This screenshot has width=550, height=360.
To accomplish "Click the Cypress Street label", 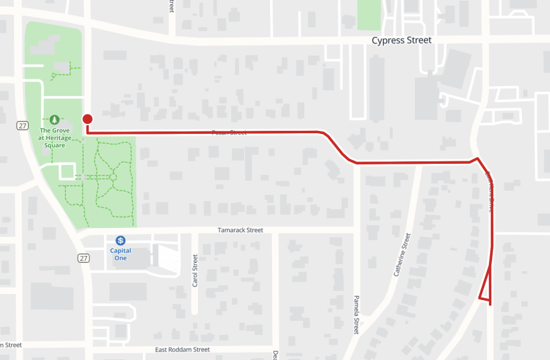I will point(402,40).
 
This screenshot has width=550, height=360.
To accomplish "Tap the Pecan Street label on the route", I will point(229,132).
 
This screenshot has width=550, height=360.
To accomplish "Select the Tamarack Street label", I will point(240,230).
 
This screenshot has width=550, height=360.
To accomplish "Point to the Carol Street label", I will point(196,271).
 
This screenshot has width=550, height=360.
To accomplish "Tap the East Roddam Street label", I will point(182,350).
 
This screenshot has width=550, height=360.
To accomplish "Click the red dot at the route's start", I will point(88,119).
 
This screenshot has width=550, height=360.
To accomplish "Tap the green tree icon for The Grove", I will point(54,119).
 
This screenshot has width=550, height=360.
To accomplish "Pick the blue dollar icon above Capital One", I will point(121,240).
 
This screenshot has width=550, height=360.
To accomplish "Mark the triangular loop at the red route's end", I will point(486,287).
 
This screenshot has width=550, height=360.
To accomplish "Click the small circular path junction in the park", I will point(113,177).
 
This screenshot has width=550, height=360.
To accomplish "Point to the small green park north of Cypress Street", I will point(369,14).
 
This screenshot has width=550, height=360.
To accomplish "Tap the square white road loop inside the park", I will point(67,171).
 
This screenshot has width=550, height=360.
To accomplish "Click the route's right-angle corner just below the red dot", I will point(89,132).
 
